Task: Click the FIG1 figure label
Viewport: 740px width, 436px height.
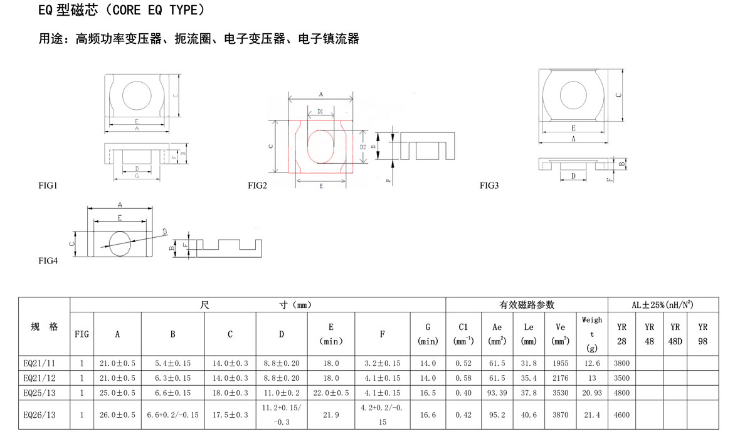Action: click(x=48, y=186)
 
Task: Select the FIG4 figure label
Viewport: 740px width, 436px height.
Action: click(x=48, y=261)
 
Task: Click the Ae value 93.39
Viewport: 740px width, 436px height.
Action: click(x=497, y=393)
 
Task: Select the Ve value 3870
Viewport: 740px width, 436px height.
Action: click(x=561, y=415)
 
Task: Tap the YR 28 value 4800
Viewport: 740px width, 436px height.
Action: click(x=621, y=393)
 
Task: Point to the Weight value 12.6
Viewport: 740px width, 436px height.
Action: click(x=591, y=363)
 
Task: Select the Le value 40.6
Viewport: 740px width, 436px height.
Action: click(x=529, y=415)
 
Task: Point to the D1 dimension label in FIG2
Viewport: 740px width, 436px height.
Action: click(x=320, y=112)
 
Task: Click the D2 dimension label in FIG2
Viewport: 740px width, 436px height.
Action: click(x=362, y=147)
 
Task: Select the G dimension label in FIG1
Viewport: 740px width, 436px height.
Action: click(x=137, y=176)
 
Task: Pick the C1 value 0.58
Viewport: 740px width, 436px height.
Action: click(x=463, y=378)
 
